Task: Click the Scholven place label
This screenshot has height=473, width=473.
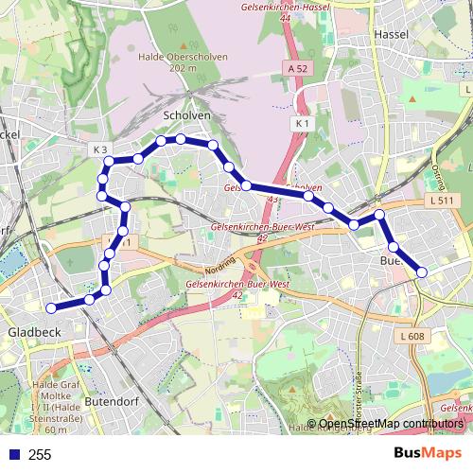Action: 186,115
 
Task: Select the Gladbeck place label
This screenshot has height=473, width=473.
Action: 34,332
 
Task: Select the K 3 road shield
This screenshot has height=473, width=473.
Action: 101,149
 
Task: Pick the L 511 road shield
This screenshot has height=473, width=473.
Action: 438,201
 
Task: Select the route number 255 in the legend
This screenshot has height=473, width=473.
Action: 40,455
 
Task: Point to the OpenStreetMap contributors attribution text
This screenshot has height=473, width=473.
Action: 389,423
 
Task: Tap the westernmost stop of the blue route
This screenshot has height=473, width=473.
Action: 52,307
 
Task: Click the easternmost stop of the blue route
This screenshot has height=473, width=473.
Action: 422,272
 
